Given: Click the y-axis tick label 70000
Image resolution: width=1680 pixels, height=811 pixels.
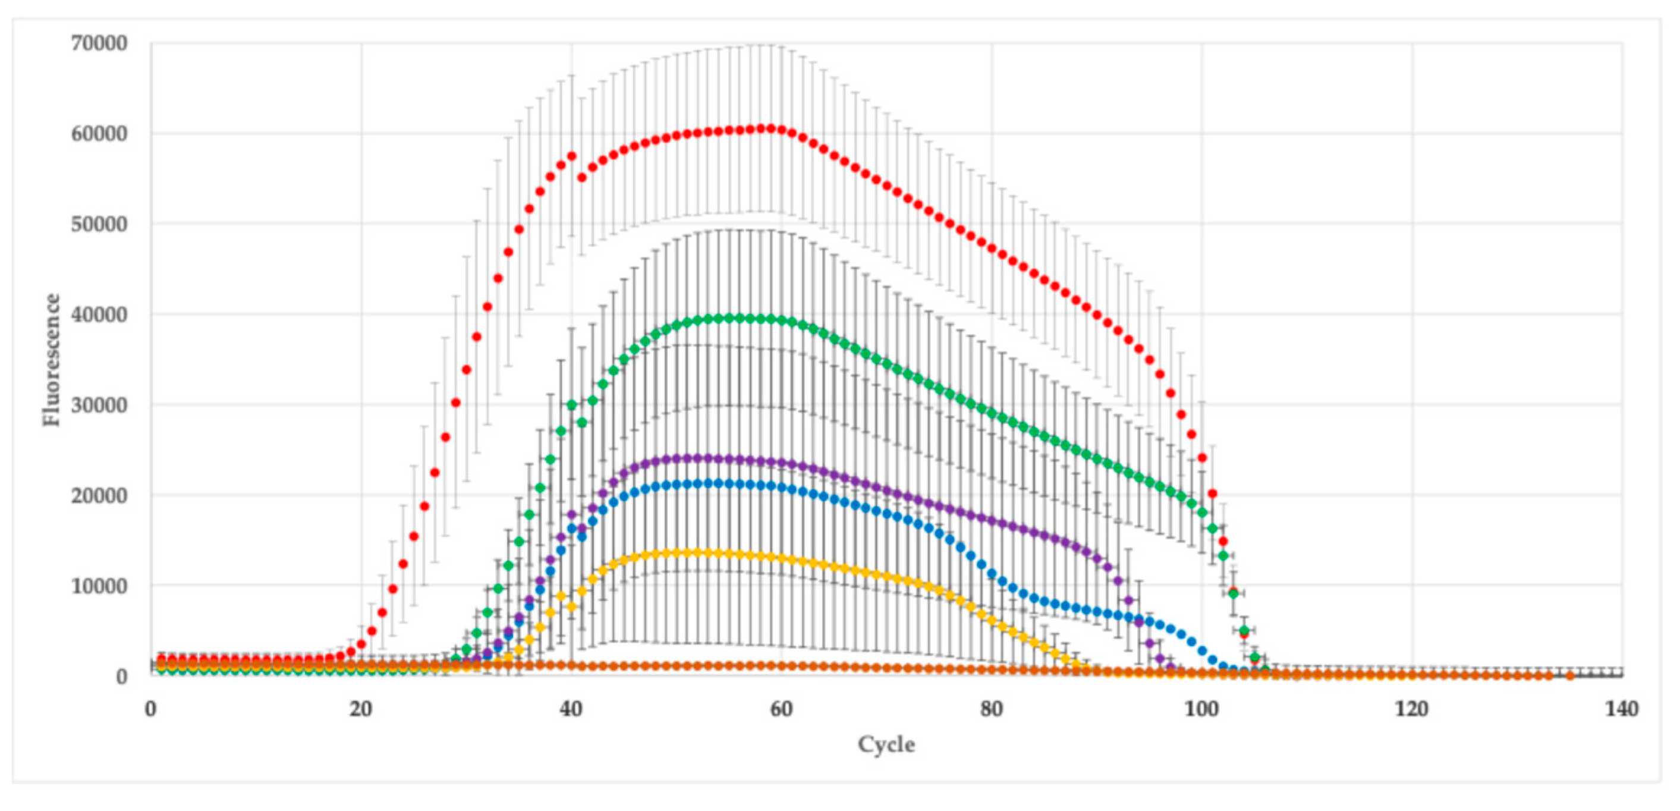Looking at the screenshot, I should coord(99,44).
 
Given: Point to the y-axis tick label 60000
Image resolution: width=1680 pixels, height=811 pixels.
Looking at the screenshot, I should coord(99,134).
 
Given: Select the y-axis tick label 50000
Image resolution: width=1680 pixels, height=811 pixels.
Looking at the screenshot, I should coord(99,224).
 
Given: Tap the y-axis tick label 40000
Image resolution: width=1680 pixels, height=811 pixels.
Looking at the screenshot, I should coord(99,315).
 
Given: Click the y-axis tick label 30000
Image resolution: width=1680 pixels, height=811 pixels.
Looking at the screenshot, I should coord(99,405).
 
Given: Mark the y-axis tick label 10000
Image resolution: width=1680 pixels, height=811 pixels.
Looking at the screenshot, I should coord(99,586).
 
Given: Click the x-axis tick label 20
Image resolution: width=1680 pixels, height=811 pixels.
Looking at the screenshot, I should coord(361,709).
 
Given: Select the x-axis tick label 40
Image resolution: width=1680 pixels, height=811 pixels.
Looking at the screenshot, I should coord(571,709).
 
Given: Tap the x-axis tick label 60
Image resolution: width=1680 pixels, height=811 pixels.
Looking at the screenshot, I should coord(781,709).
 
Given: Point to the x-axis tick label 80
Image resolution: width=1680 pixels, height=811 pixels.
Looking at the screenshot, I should coord(992,709).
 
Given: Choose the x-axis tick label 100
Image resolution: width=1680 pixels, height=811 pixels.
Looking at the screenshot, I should coord(1201,709).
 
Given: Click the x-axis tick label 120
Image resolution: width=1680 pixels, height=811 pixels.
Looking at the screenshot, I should coord(1412,709).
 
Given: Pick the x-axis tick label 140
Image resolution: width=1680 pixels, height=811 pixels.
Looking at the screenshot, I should coord(1622,709).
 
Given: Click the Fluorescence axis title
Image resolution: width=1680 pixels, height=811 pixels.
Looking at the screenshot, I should coord(52,360).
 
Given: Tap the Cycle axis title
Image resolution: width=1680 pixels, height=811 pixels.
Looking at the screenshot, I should coord(886,744).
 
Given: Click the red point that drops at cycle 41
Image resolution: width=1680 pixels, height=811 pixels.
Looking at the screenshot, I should coord(582,177).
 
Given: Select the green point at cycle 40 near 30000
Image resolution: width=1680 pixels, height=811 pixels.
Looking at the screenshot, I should coord(572,405).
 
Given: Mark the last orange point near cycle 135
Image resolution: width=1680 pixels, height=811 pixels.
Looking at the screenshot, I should coord(1570,676).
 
